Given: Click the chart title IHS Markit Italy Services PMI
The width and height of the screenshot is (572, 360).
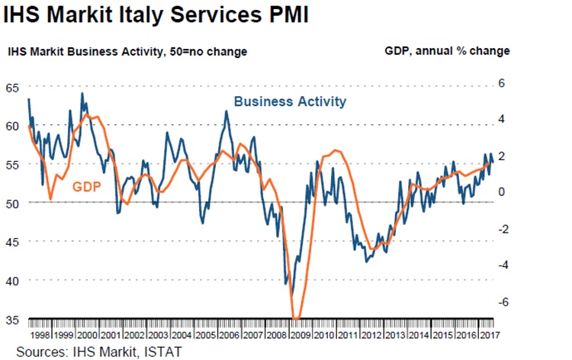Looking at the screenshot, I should point(156,15).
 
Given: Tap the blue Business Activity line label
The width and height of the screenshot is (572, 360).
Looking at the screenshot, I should point(290,101).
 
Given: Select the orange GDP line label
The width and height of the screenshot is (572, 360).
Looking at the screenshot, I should point(87,185).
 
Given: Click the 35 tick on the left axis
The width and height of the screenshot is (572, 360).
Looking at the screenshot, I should point(12,319).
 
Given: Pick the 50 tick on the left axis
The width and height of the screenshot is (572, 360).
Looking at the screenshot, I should point(12,203).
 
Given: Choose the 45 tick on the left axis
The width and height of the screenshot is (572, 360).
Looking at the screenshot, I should point(12,241).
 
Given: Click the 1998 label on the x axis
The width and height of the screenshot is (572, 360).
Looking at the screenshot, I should point(40,334).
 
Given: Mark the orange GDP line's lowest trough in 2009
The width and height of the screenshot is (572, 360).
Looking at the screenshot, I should point(297,318).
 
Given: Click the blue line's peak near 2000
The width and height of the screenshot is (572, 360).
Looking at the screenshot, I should point(82,94).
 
